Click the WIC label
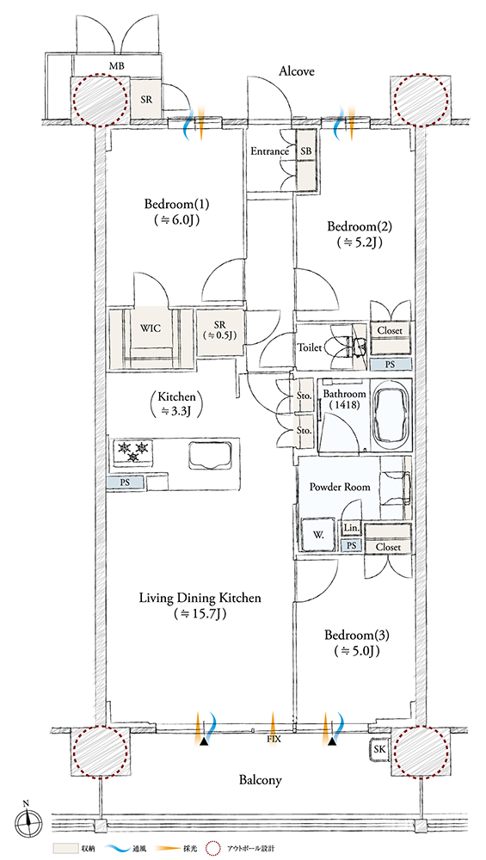tap(150, 329)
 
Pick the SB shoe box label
tap(305, 151)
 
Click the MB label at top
tap(116, 66)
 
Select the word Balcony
tap(260, 779)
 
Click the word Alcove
tap(297, 71)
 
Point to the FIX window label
tap(274, 740)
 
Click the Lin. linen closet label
tap(351, 528)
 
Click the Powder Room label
tap(340, 487)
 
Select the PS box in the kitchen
tap(126, 483)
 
